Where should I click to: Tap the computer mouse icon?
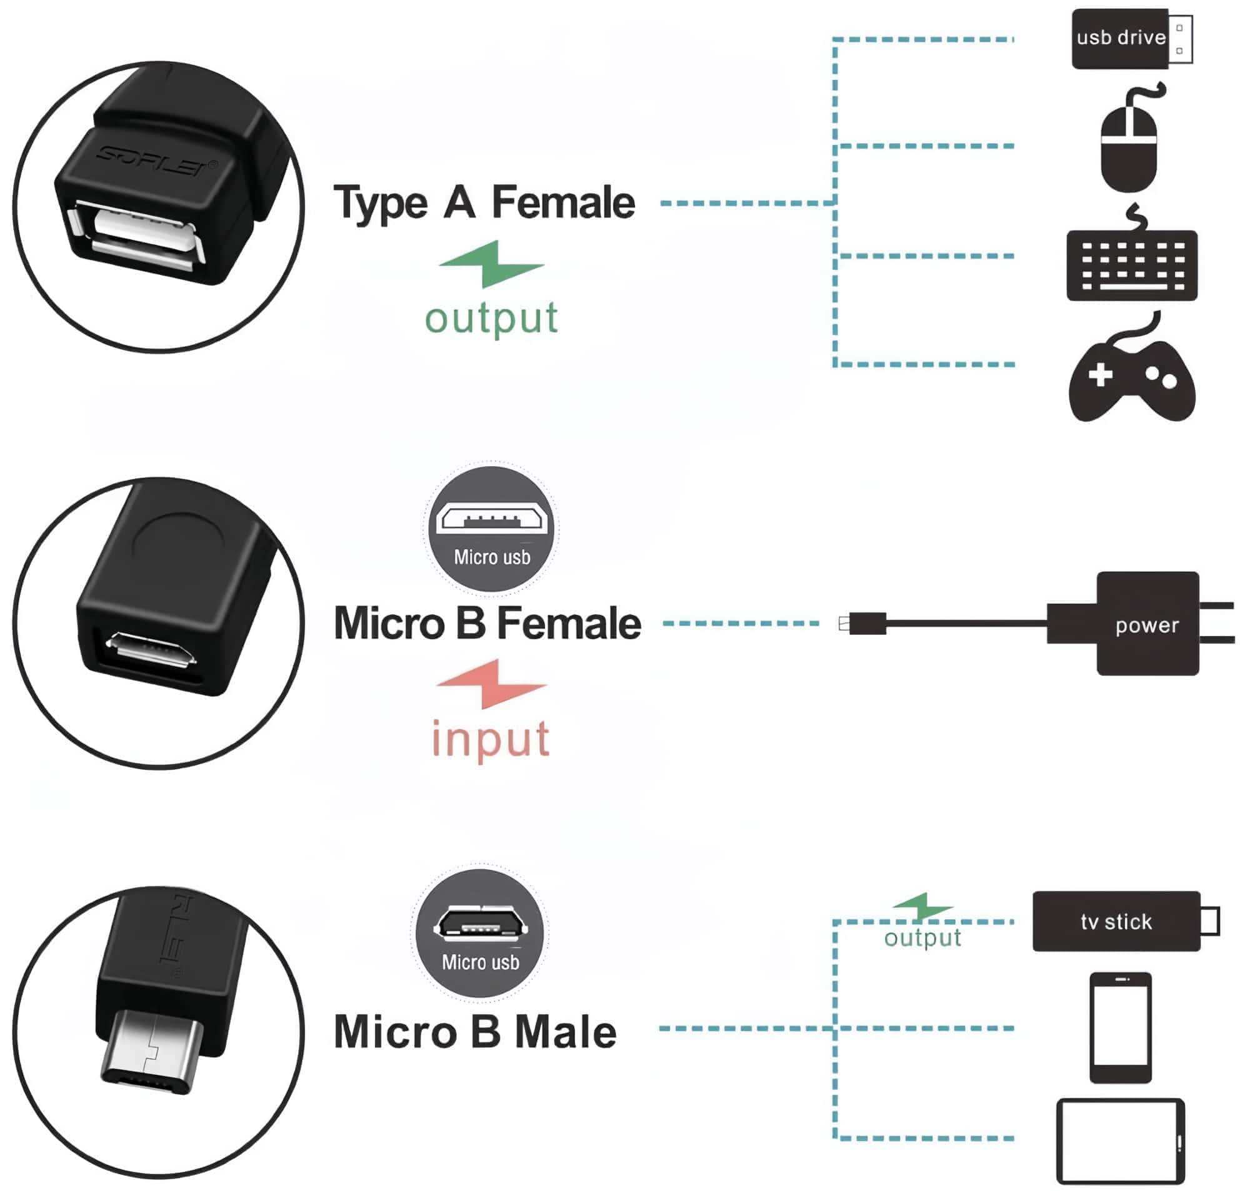1128,147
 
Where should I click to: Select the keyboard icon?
1131,265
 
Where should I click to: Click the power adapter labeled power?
1146,624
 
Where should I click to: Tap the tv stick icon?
1116,921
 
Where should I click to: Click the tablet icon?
1120,1141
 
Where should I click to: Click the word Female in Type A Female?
563,203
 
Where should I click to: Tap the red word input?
490,739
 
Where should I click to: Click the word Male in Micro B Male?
565,1032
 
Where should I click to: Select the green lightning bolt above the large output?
492,263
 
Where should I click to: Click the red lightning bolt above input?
492,683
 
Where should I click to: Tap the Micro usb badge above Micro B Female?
492,528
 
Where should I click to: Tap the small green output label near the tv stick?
922,938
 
